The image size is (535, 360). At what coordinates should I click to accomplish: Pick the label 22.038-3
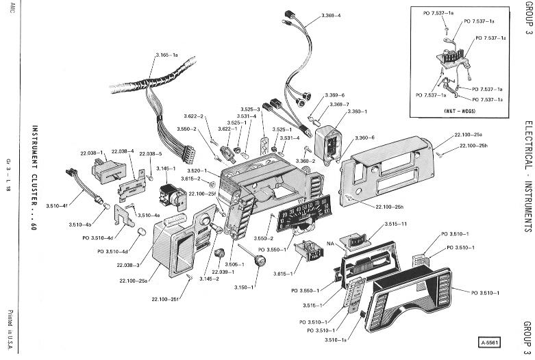tap(127, 265)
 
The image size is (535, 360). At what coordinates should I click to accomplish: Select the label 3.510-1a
tap(336, 339)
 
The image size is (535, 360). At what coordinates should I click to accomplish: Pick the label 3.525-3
tap(250, 110)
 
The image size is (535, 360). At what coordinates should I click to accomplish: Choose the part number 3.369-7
tap(340, 104)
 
